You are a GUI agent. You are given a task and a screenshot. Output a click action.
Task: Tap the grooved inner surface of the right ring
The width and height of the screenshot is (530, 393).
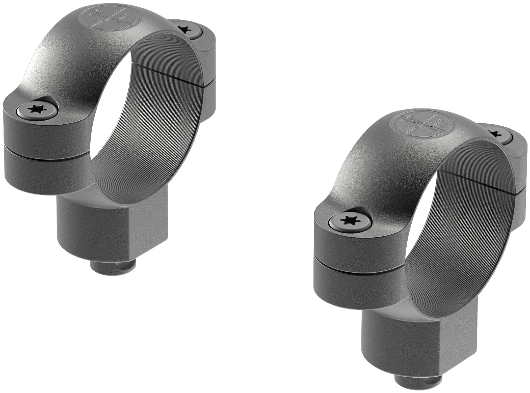point(469,239)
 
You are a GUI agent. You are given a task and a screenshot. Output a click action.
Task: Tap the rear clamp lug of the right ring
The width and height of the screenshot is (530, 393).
point(517,168)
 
